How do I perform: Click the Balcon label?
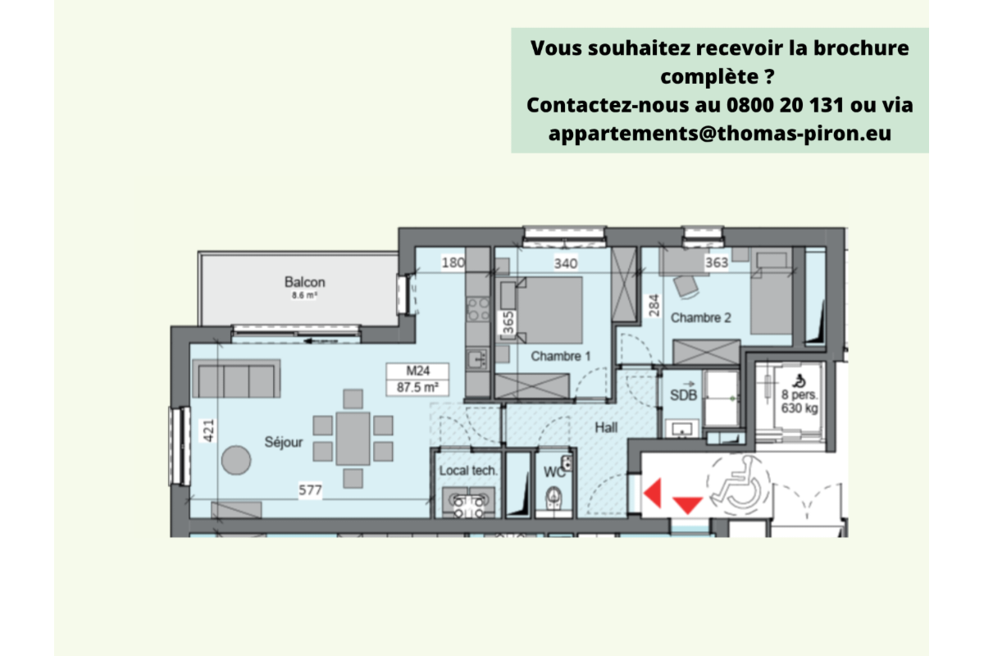(x=305, y=283)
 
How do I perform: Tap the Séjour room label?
(x=284, y=443)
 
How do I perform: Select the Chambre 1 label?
(x=561, y=356)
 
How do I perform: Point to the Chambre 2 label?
(x=701, y=317)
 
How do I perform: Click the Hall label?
(x=607, y=427)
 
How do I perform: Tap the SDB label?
(x=684, y=395)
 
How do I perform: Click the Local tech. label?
(x=468, y=471)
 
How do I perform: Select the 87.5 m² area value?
(x=417, y=388)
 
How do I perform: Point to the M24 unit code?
(x=418, y=371)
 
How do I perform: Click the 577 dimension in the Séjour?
(x=310, y=490)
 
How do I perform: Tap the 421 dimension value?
(x=207, y=430)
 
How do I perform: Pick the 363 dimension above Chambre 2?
(x=717, y=262)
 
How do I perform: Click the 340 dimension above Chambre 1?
(x=566, y=263)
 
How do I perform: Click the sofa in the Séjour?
(x=235, y=380)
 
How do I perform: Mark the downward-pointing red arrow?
(x=687, y=504)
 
